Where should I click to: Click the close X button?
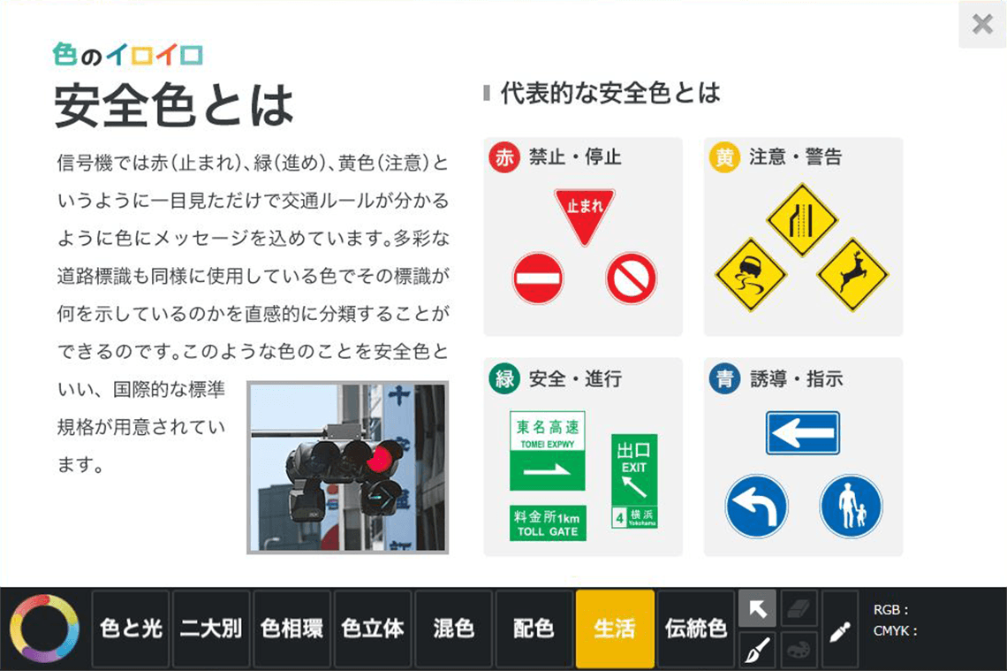click(982, 25)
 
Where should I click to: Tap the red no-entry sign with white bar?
click(538, 278)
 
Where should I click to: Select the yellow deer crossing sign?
click(852, 274)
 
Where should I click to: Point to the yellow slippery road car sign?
click(751, 274)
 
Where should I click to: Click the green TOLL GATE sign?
click(548, 522)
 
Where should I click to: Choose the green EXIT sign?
click(634, 482)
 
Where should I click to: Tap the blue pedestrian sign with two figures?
click(851, 507)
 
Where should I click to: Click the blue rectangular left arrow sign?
click(802, 432)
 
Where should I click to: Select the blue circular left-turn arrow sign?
click(756, 507)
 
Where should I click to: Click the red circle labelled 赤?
click(504, 157)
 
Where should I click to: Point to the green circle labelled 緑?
click(504, 378)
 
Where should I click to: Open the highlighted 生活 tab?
click(615, 629)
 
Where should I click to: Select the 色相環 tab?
click(291, 629)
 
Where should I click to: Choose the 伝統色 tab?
click(695, 629)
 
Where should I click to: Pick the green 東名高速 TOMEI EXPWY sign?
click(547, 451)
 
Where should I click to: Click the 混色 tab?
click(453, 629)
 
